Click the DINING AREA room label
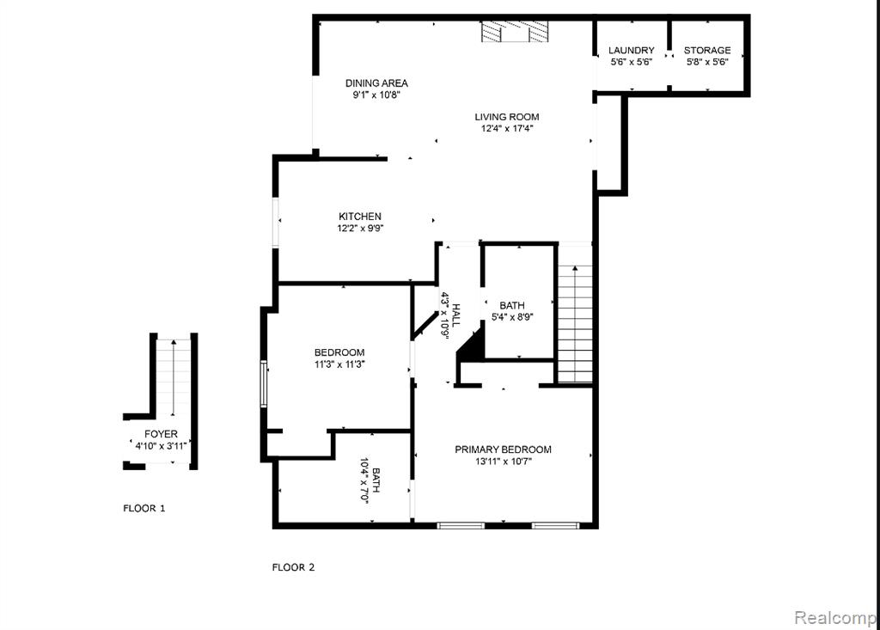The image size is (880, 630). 376,83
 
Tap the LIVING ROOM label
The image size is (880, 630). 507,117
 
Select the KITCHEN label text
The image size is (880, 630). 360,217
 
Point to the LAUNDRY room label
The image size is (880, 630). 632,51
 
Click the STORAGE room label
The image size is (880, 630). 707,51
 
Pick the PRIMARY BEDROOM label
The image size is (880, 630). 503,450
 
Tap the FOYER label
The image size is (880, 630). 161,434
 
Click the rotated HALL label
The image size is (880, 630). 455,315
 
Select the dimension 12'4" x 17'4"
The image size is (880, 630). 507,129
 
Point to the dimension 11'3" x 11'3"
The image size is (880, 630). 339,364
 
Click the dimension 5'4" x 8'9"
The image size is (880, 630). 512,317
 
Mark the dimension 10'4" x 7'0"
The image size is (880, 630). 364,480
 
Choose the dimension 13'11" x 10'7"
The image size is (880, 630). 503,462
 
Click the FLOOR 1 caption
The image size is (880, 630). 144,508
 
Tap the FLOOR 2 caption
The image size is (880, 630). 294,567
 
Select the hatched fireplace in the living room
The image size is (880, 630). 515,32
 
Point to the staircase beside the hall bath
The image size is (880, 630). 575,315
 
